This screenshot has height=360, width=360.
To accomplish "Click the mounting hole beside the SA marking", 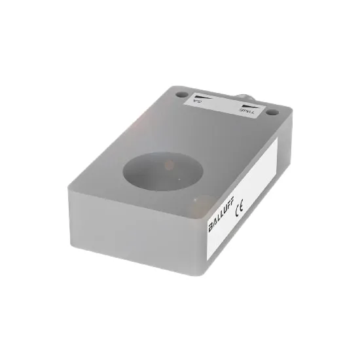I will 181,94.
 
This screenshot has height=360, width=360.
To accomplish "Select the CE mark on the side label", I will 238,203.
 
